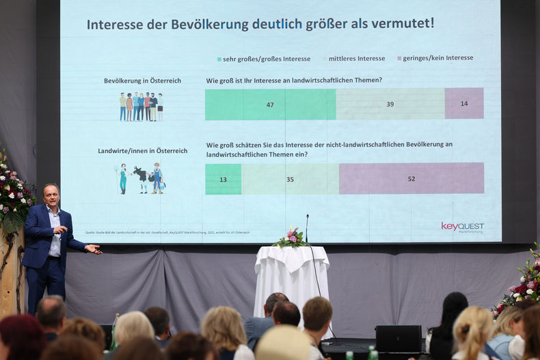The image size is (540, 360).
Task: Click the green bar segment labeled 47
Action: pyautogui.click(x=270, y=105)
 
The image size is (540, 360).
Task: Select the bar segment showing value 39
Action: pyautogui.click(x=390, y=104)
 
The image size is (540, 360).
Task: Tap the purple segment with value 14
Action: pyautogui.click(x=464, y=103)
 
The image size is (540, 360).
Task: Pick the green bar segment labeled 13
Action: pyautogui.click(x=223, y=179)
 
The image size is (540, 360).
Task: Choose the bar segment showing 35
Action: pyautogui.click(x=290, y=179)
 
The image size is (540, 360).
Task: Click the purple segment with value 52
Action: pyautogui.click(x=411, y=178)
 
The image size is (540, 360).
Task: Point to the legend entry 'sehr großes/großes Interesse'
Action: pyautogui.click(x=264, y=59)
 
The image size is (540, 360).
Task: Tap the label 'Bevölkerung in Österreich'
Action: pyautogui.click(x=142, y=81)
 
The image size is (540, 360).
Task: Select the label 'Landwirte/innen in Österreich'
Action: pyautogui.click(x=142, y=150)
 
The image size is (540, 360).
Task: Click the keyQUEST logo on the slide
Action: pyautogui.click(x=463, y=227)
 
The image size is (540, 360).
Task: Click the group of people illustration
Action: pyautogui.click(x=141, y=107)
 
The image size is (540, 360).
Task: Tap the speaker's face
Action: pyautogui.click(x=51, y=195)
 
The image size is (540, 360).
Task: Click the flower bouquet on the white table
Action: pyautogui.click(x=292, y=238)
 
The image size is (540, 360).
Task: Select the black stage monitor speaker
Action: pyautogui.click(x=399, y=338)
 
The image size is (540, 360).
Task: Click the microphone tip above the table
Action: pyautogui.click(x=307, y=217)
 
